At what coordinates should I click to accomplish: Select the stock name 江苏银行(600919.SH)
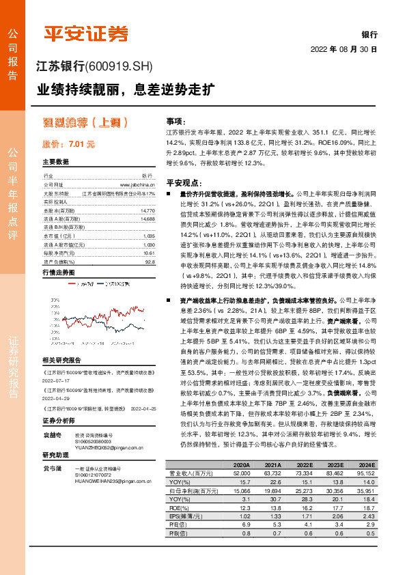click(93, 66)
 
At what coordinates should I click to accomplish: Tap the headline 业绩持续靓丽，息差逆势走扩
click(126, 89)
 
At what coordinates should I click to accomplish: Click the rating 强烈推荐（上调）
click(85, 124)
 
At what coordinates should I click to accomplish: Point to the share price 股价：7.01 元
click(68, 145)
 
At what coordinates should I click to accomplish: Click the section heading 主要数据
click(55, 163)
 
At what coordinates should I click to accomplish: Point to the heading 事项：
click(176, 120)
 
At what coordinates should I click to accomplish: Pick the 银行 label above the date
click(369, 35)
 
